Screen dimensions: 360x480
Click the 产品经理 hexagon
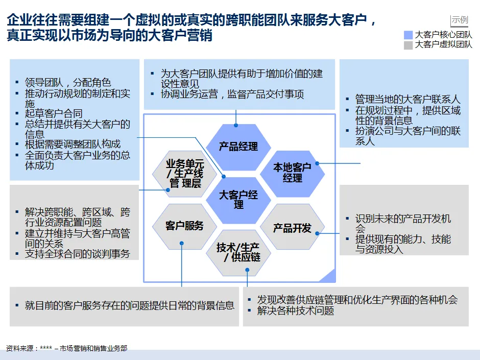point(238,147)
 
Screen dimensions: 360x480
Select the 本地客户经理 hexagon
point(292,173)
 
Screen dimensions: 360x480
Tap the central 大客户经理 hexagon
point(238,199)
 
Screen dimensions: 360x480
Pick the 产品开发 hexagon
point(292,228)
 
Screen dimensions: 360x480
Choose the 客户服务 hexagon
point(184,226)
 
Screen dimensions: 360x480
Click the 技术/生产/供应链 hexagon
point(238,252)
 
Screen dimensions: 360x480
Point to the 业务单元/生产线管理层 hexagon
point(184,173)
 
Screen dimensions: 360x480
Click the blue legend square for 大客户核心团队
point(408,35)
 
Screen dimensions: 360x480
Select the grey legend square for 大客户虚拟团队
point(408,45)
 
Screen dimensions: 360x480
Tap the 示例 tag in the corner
point(460,20)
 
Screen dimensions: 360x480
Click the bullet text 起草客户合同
point(53,113)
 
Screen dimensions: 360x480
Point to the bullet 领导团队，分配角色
point(68,82)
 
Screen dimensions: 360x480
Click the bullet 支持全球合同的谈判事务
point(77,253)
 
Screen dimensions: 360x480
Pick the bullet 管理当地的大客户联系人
point(407,100)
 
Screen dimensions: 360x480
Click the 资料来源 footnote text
point(66,348)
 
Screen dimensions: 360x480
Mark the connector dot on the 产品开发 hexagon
point(317,233)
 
